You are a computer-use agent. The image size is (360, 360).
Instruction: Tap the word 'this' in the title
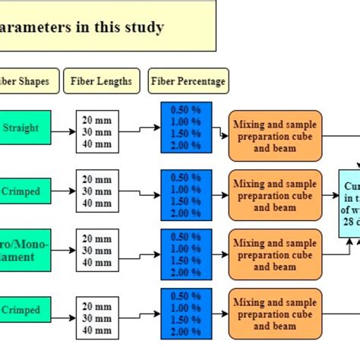pyautogui.click(x=103, y=28)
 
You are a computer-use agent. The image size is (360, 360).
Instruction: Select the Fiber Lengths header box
pyautogui.click(x=102, y=81)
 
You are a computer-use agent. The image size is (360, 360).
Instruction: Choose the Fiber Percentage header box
pyautogui.click(x=188, y=81)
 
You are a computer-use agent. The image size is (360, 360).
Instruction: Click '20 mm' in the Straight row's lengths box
pyautogui.click(x=97, y=119)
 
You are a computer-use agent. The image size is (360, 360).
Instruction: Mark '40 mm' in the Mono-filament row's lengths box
pyautogui.click(x=97, y=262)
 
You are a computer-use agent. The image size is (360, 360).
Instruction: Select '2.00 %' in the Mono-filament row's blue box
pyautogui.click(x=186, y=273)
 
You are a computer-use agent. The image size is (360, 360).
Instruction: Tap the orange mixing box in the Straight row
pyautogui.click(x=274, y=136)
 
